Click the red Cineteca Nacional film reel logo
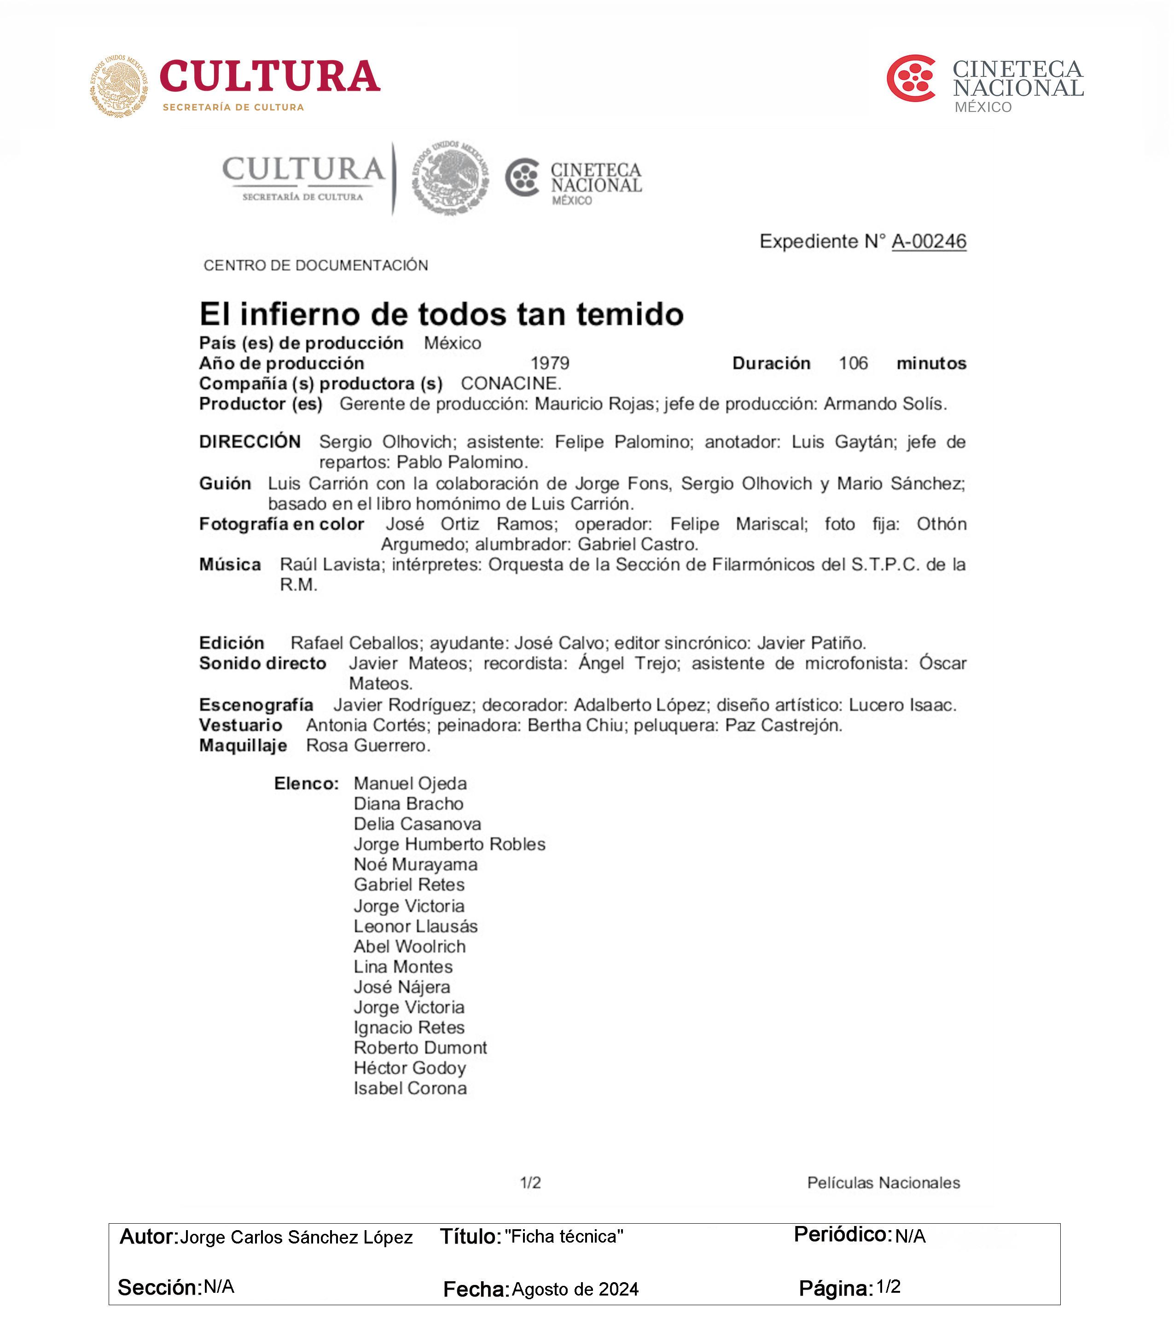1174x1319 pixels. tap(911, 79)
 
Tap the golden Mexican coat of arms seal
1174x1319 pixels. tap(119, 86)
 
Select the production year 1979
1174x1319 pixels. tap(550, 363)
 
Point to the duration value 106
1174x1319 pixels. tap(853, 363)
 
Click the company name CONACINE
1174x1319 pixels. tap(511, 383)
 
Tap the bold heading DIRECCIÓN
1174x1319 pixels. tap(250, 442)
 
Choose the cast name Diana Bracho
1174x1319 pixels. tap(408, 804)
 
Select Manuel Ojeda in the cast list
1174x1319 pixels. tap(411, 784)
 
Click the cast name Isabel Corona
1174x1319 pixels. tap(411, 1089)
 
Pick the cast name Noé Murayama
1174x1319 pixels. tap(416, 865)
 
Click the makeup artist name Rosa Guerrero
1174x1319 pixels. tap(368, 746)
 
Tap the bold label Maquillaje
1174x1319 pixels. tap(244, 746)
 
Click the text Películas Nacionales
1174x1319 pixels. tap(883, 1183)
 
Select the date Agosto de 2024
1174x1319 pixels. tap(575, 1290)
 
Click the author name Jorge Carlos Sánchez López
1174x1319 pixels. tap(296, 1237)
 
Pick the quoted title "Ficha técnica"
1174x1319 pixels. tap(564, 1237)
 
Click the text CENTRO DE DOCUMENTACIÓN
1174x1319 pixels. tap(316, 265)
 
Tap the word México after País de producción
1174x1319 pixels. tap(453, 343)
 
